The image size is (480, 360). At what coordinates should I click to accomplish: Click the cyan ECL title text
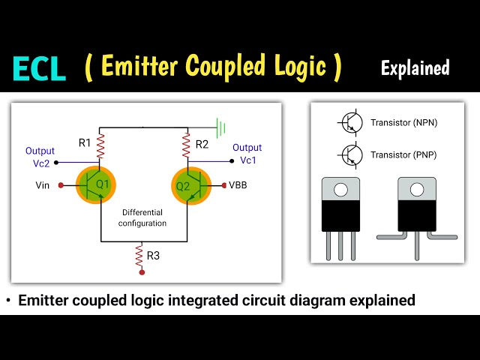click(39, 69)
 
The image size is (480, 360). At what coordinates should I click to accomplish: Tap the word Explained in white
click(415, 68)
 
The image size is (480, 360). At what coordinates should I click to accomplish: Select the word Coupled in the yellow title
click(225, 67)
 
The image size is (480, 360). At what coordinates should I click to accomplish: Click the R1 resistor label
click(85, 142)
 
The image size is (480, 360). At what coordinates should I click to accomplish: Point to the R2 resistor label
click(202, 144)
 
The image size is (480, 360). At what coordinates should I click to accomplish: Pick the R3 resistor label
click(153, 256)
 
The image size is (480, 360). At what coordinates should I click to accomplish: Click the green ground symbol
click(221, 127)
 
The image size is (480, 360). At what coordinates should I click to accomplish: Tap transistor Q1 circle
click(96, 185)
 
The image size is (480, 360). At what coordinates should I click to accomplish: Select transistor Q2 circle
click(191, 186)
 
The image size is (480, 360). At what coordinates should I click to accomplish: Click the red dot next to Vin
click(61, 185)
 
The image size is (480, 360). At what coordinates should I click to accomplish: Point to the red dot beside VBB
click(224, 185)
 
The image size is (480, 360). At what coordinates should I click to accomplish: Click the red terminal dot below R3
click(142, 272)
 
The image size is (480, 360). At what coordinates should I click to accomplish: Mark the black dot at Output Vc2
click(56, 163)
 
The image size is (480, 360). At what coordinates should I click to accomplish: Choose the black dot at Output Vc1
click(232, 161)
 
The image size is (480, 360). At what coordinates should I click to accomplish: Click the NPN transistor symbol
click(350, 122)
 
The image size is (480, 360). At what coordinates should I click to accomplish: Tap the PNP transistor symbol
click(350, 155)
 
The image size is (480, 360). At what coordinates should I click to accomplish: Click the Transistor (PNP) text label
click(403, 155)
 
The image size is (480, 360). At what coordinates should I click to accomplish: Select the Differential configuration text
click(142, 218)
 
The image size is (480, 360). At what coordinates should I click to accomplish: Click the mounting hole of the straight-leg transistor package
click(340, 190)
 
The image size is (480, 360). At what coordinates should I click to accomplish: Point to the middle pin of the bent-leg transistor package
click(417, 246)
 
